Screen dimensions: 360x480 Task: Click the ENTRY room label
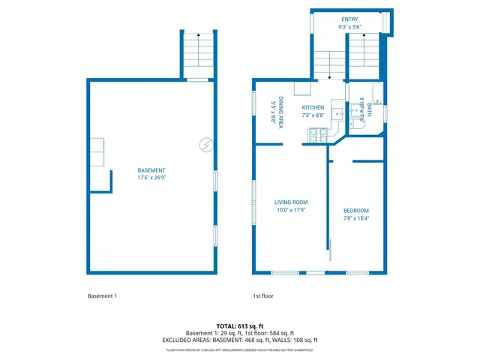coord(350,19)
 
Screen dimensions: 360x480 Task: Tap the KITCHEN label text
coord(313,107)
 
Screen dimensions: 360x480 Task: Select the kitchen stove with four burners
coord(316,135)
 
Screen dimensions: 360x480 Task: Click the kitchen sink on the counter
coord(337,114)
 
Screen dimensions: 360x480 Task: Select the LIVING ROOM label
coord(290,202)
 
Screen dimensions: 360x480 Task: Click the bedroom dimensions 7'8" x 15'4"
coord(356,218)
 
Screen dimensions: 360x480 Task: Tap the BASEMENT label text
coord(151,170)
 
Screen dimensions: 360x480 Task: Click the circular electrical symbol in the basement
coord(205,145)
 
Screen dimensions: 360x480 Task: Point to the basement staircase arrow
coord(198,35)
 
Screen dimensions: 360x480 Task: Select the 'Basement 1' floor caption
coord(102,296)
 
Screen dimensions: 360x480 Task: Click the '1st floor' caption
coord(263,296)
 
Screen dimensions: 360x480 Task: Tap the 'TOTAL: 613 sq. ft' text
coord(239,326)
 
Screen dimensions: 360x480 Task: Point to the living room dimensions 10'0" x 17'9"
coord(290,211)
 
